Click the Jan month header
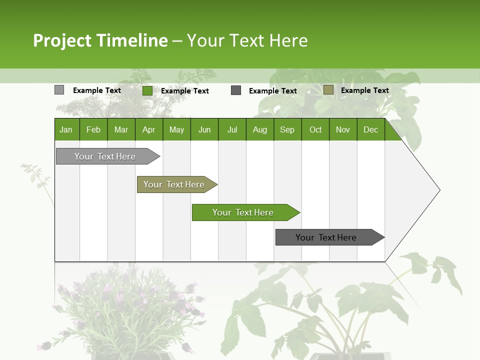(66, 129)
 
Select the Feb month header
(93, 129)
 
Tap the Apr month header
(148, 129)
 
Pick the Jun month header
(204, 129)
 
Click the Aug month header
(259, 129)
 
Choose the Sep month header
(287, 129)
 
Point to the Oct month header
(315, 129)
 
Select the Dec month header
(370, 129)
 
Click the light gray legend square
(59, 90)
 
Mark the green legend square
(147, 90)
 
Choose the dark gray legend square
(236, 90)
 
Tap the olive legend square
(328, 90)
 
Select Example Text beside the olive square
(364, 90)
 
